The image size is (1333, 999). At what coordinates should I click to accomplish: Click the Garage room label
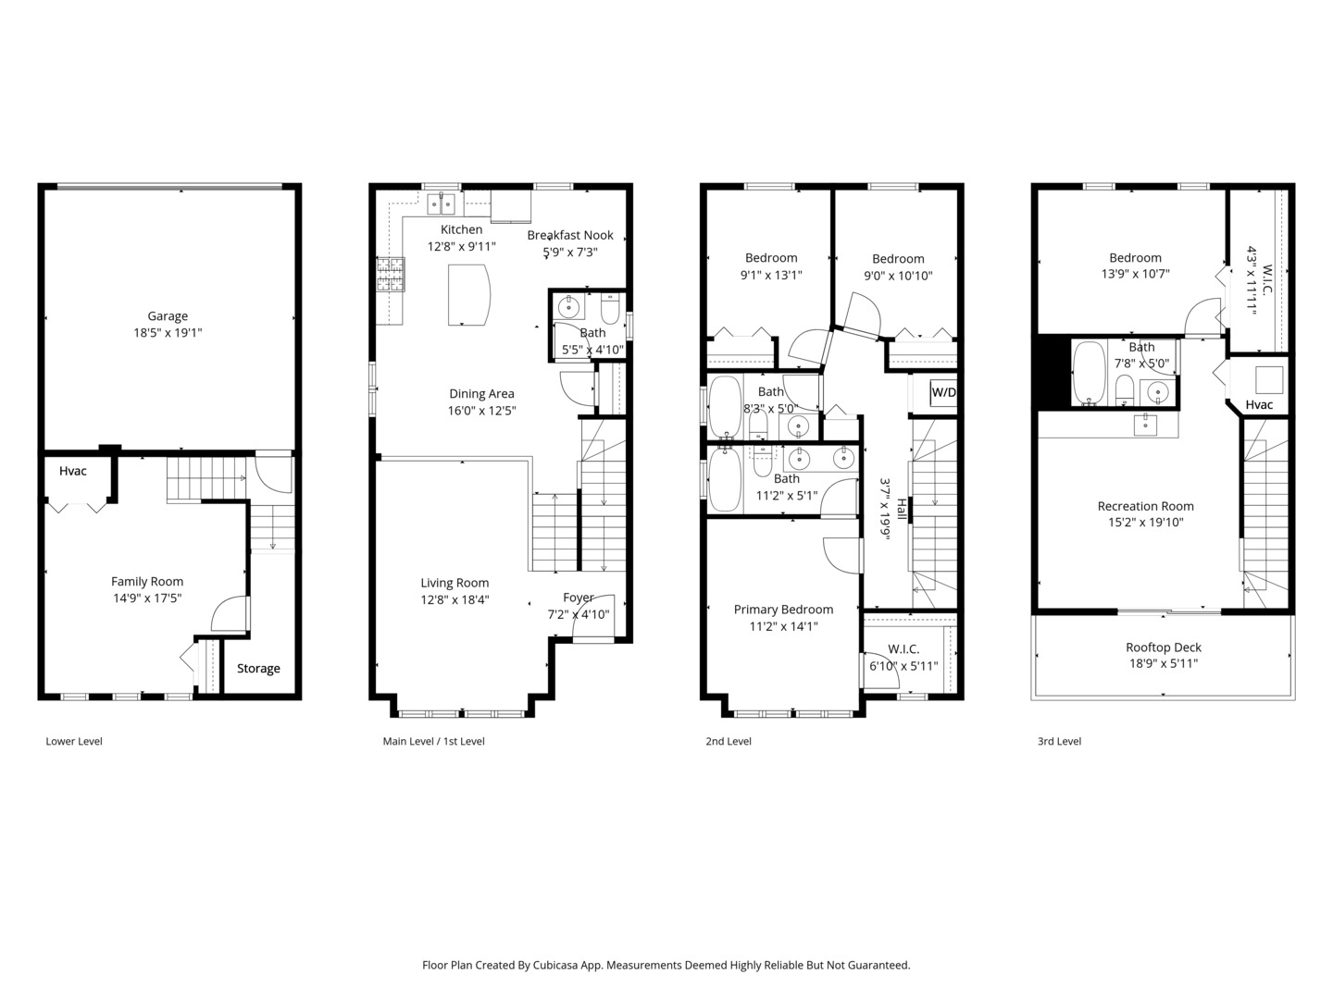168,316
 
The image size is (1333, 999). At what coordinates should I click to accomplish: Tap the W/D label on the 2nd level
943,392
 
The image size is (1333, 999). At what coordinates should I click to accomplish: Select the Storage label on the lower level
258,669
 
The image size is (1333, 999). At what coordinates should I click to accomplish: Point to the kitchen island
468,295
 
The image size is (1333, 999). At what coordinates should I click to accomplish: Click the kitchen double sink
441,204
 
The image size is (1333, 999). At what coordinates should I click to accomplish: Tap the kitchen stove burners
391,274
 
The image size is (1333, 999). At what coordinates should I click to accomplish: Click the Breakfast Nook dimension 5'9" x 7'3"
570,252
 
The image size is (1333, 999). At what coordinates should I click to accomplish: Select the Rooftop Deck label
1164,647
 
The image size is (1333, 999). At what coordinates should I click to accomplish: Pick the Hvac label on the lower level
73,471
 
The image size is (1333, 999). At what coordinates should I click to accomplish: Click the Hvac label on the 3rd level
1259,404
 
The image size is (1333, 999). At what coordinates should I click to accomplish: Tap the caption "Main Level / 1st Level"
433,741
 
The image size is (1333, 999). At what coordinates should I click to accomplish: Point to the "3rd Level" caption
1059,741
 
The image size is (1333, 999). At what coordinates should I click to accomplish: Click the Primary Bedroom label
783,610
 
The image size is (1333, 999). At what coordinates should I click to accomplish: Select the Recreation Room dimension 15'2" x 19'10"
1146,523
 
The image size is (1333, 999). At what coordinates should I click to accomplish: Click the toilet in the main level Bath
610,309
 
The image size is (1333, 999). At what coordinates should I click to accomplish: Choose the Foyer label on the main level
579,598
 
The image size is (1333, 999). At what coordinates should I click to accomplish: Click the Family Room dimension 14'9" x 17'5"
147,598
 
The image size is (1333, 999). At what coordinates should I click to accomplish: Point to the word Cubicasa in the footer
557,965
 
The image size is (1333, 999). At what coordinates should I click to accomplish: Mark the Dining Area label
481,394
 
